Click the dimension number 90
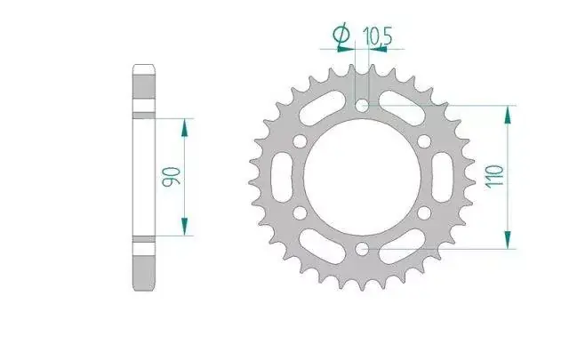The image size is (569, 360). pos(171,177)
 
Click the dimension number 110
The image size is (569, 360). pos(495,177)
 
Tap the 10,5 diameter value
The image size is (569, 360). pos(377,36)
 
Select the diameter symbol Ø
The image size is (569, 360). pos(341,36)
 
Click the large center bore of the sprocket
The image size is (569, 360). pos(362,178)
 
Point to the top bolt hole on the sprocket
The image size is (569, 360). pos(362,106)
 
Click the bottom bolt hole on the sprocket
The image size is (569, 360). pos(362,249)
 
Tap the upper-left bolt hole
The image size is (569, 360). pos(300,141)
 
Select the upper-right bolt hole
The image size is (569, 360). pos(424,141)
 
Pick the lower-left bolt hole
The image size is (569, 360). pos(300,213)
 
